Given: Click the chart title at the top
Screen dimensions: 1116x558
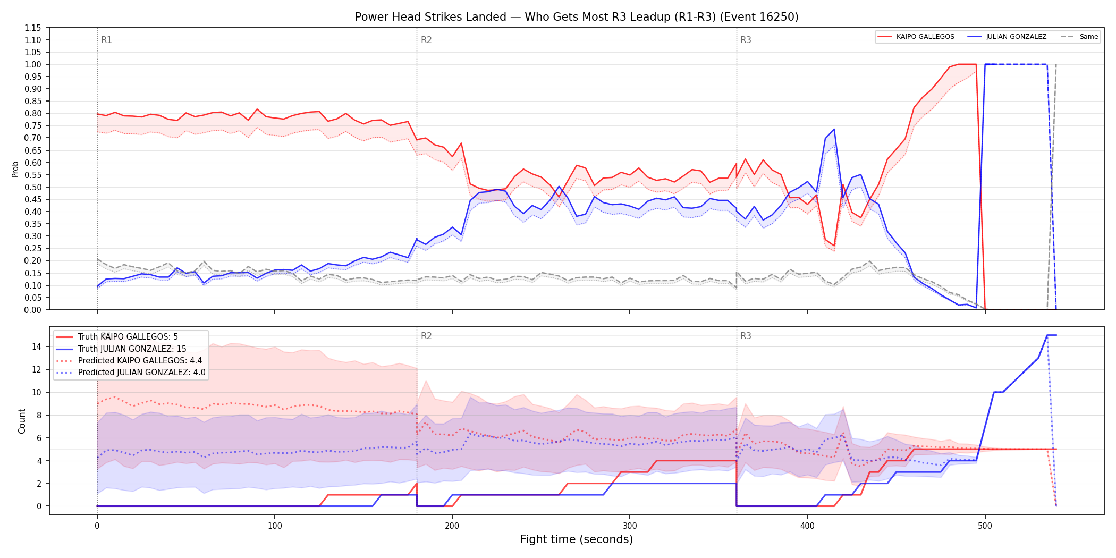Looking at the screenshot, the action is click(x=577, y=17).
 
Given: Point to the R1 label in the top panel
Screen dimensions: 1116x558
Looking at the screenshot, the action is click(x=106, y=40).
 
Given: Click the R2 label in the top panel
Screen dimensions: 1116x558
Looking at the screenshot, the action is click(x=426, y=40).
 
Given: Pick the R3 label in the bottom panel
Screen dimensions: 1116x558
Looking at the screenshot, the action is click(x=746, y=336).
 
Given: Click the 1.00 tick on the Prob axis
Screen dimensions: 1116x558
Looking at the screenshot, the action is click(x=33, y=64).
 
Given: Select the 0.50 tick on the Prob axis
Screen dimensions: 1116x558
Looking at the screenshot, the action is click(x=33, y=187).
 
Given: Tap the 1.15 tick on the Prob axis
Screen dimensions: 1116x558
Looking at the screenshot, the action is click(x=33, y=28).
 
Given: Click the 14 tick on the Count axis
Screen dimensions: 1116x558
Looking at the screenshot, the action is click(x=36, y=346).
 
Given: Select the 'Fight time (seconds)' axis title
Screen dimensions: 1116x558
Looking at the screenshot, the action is click(x=577, y=539).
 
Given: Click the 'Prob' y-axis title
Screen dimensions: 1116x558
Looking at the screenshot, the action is click(x=15, y=169).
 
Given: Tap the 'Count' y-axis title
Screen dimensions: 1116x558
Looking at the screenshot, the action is click(x=22, y=421).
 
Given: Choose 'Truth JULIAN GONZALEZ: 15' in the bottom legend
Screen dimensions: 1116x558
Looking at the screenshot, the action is click(x=132, y=349).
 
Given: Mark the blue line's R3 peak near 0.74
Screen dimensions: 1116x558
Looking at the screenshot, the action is click(x=834, y=129).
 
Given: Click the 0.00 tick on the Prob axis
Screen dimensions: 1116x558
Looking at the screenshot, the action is click(x=33, y=310).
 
